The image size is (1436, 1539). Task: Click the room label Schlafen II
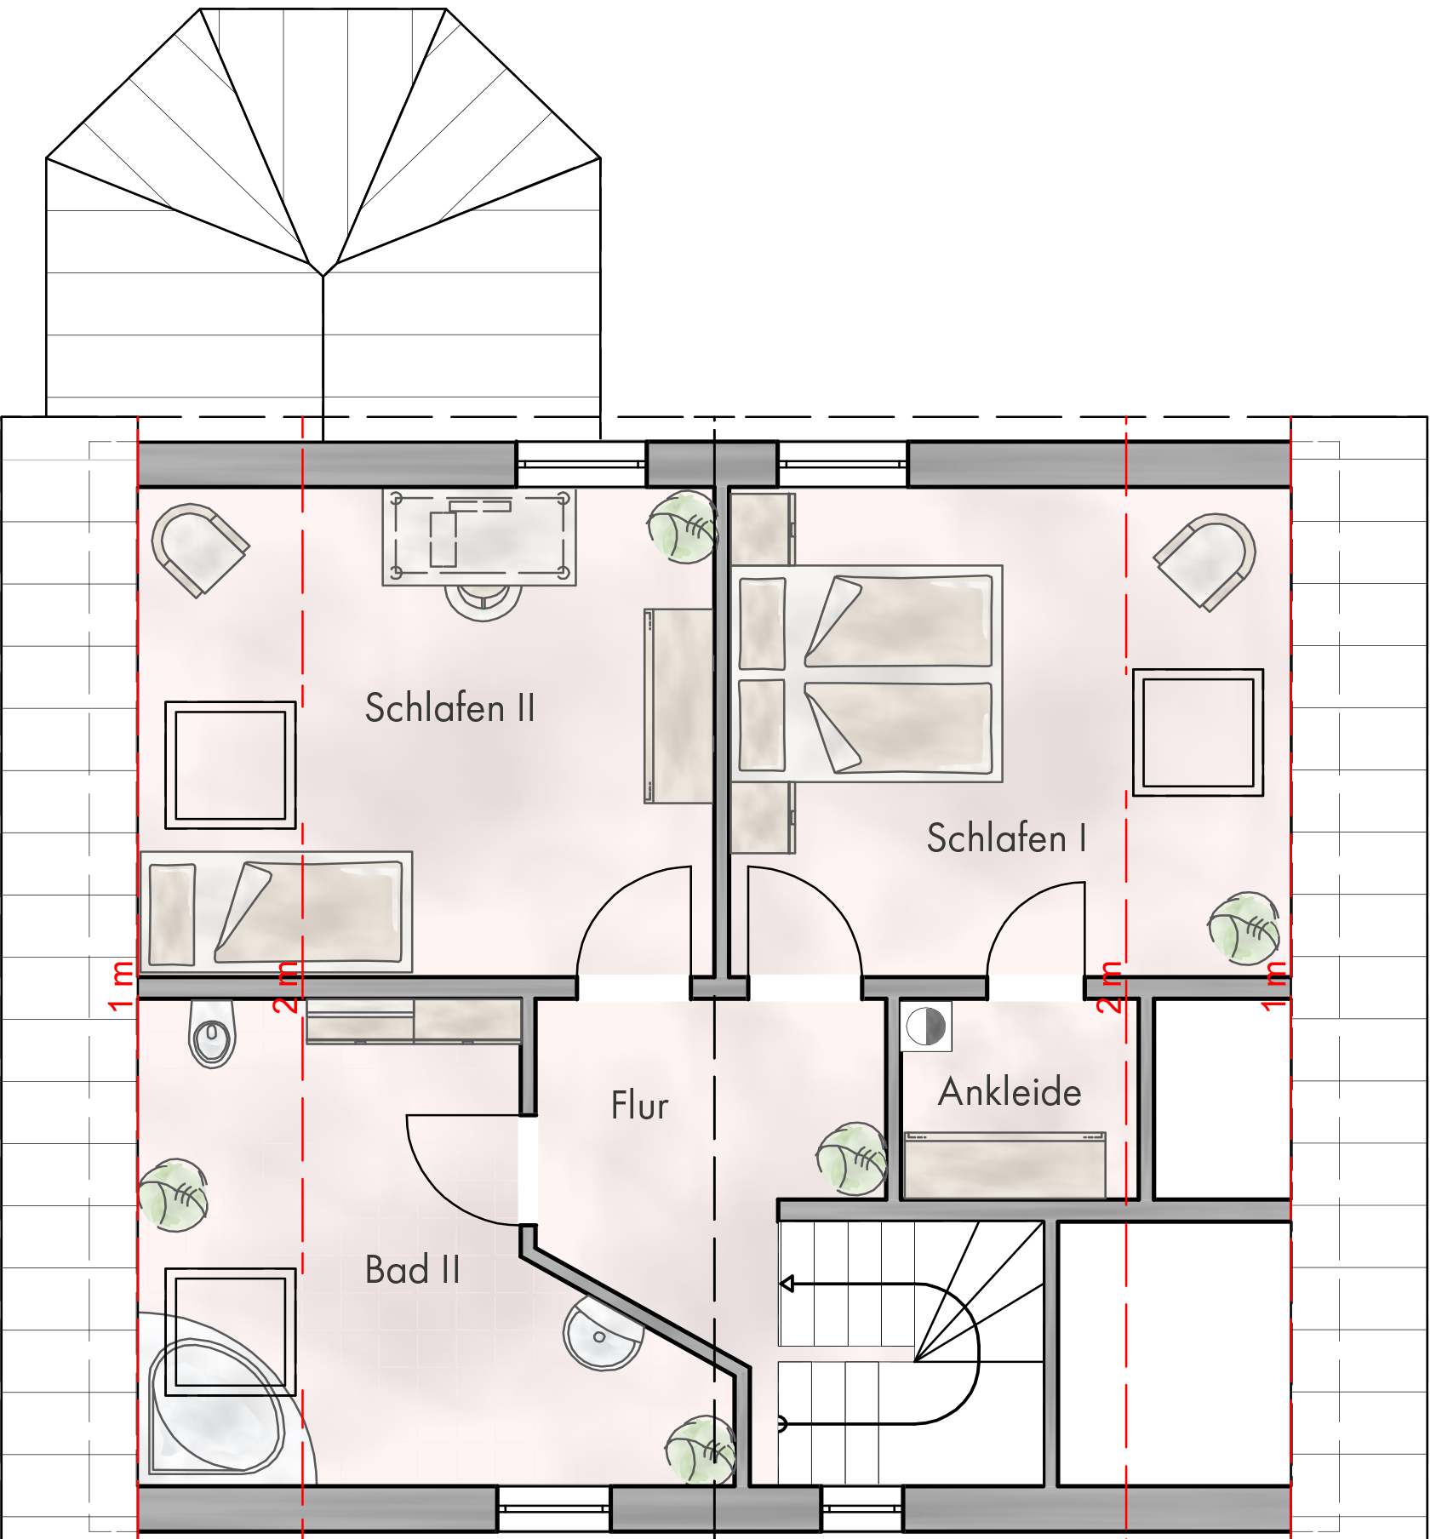(x=449, y=708)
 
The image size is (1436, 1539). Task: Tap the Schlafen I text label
(x=1006, y=838)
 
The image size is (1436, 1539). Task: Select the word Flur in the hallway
(x=639, y=1105)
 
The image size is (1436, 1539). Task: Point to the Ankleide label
(x=1010, y=1091)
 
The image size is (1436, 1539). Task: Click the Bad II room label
(x=412, y=1270)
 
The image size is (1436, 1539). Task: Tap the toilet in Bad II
(x=212, y=1033)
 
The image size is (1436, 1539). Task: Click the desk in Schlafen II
(x=479, y=536)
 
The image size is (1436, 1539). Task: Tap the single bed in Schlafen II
(x=276, y=912)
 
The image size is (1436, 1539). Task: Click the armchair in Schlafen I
(x=1205, y=561)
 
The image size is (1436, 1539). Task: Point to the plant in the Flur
(x=851, y=1158)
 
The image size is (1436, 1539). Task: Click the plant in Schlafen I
(x=1244, y=928)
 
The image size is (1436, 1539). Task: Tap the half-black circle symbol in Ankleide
(x=926, y=1026)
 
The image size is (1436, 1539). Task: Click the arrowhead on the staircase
(x=787, y=1284)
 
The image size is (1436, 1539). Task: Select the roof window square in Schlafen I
(x=1198, y=733)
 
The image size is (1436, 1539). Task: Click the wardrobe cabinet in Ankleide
(x=1004, y=1164)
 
